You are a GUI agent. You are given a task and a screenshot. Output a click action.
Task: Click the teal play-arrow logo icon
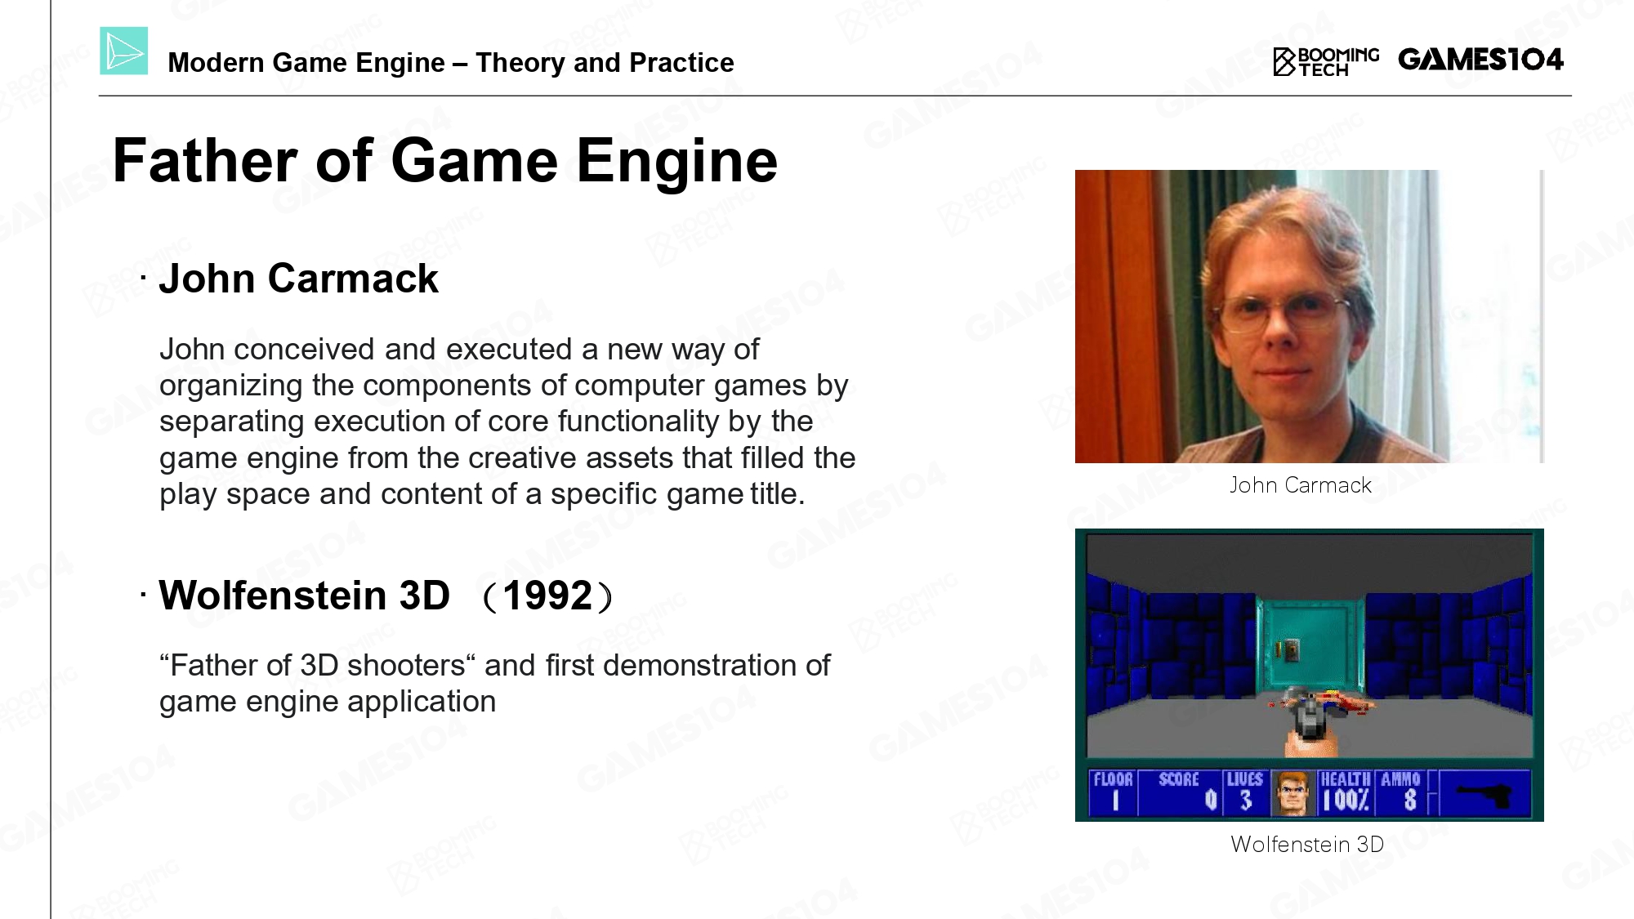(x=124, y=51)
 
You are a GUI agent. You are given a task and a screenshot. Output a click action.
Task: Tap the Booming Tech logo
(x=1325, y=61)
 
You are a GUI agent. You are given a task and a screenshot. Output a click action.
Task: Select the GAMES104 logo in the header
(x=1480, y=59)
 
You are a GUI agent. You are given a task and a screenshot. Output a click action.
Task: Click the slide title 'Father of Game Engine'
(x=445, y=160)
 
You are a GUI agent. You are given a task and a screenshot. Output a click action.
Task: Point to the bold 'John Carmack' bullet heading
(x=298, y=279)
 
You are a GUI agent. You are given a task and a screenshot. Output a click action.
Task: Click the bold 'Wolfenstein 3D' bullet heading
(x=304, y=595)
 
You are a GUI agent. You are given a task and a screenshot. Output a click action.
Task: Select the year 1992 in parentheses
(x=547, y=596)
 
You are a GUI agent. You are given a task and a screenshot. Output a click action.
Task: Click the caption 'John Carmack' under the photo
(x=1301, y=485)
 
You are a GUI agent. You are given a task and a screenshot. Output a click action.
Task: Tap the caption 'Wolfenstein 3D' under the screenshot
(x=1307, y=844)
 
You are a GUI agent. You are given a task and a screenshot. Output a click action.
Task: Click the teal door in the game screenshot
(x=1310, y=649)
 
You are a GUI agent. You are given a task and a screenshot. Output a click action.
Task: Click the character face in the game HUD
(x=1292, y=793)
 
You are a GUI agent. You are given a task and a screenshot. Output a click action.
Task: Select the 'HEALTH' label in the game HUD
(x=1346, y=779)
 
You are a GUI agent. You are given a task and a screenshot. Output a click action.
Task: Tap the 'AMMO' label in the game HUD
(x=1400, y=779)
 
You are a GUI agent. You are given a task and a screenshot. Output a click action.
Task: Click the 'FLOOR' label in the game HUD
(x=1113, y=779)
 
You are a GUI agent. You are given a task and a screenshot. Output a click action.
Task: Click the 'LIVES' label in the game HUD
(x=1244, y=779)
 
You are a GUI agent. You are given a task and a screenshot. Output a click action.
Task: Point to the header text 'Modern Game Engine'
(x=306, y=62)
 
